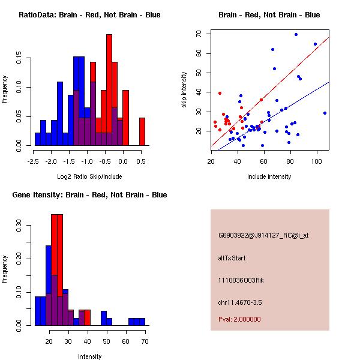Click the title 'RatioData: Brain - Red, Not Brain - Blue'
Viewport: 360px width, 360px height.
(x=89, y=14)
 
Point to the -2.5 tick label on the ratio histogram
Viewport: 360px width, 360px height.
(x=34, y=161)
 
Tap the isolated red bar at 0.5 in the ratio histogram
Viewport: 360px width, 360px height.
(x=142, y=131)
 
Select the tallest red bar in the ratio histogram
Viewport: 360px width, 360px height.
(x=109, y=90)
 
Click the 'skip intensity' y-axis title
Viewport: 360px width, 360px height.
(x=185, y=90)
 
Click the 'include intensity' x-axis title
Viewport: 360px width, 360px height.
(x=269, y=176)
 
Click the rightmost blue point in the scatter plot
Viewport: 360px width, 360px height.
(x=325, y=113)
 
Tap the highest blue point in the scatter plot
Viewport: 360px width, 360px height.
(x=296, y=34)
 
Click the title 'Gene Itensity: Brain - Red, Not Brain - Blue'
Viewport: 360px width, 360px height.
(x=89, y=195)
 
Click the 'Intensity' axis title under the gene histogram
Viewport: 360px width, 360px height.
(x=90, y=356)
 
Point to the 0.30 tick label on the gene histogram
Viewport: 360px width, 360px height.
(x=19, y=228)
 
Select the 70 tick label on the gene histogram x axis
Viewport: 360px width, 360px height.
(x=145, y=341)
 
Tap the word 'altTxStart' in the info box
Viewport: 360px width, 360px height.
(x=232, y=258)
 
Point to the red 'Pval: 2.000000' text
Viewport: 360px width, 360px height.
(x=239, y=319)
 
